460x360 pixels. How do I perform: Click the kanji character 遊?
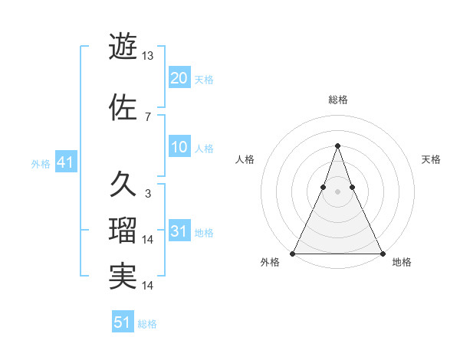coord(123,47)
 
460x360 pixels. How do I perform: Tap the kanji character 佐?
coord(123,107)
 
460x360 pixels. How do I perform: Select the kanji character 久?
coord(123,185)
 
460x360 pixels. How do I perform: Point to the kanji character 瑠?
coord(123,231)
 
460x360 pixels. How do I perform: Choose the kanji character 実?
coord(123,277)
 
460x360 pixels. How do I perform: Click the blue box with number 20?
coord(179,77)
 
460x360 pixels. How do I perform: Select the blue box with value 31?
coord(179,231)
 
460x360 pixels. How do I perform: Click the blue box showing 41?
coord(65,162)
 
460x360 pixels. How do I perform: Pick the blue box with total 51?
coord(123,322)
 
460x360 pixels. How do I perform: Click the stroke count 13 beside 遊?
coord(147,55)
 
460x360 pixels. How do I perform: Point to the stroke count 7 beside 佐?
coord(147,116)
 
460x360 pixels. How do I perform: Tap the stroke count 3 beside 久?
coord(147,193)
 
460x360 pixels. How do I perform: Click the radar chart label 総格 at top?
coord(337,100)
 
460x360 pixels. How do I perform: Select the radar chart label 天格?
coord(431,159)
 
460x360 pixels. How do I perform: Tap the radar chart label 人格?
coord(245,159)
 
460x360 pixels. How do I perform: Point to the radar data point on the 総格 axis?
coord(337,145)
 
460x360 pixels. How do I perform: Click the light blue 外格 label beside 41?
coord(40,163)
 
